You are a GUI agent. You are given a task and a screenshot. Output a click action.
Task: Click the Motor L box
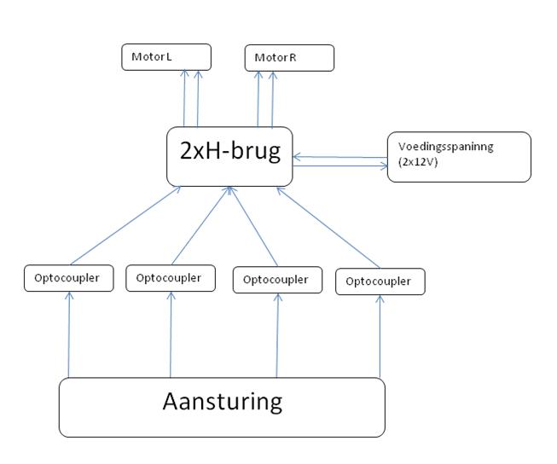click(166, 57)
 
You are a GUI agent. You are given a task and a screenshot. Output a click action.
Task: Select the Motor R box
click(289, 58)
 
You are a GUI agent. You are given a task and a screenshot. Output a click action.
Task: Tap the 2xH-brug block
click(229, 156)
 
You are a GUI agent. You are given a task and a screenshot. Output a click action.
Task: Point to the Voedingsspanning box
click(459, 157)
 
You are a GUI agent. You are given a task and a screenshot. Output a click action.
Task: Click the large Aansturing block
click(222, 408)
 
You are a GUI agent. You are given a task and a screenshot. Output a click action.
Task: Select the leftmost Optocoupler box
click(68, 278)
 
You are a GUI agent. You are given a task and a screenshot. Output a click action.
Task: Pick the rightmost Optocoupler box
click(380, 281)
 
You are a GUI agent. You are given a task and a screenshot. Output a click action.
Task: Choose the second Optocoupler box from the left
click(170, 278)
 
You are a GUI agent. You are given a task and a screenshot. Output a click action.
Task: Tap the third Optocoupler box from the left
click(277, 280)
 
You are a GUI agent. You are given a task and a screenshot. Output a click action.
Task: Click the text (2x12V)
click(419, 162)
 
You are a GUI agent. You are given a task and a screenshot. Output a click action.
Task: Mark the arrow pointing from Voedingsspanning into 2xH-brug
click(339, 156)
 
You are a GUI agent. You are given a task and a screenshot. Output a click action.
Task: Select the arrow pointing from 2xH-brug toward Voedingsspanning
click(339, 165)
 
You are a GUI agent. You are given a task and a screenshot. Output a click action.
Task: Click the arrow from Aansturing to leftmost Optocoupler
click(68, 333)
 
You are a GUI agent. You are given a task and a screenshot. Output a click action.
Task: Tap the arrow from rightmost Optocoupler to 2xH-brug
click(329, 226)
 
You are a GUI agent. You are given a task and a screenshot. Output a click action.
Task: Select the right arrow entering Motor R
click(273, 99)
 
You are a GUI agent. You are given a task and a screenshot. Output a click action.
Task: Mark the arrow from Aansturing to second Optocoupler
click(171, 333)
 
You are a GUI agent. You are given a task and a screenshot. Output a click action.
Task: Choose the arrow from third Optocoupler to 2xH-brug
click(253, 226)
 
